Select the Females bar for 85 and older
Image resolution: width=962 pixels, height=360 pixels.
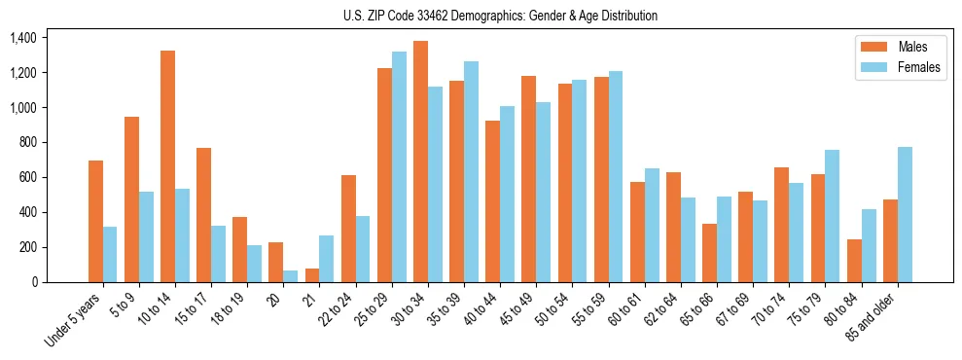(x=905, y=214)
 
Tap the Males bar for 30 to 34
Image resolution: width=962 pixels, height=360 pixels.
(x=420, y=162)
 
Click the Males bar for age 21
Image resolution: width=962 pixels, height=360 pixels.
(x=312, y=275)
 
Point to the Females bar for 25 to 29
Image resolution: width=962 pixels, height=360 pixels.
(x=399, y=166)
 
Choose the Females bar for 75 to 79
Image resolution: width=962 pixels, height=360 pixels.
(x=833, y=216)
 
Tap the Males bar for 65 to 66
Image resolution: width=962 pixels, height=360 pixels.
(x=709, y=253)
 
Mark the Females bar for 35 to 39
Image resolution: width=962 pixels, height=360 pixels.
(x=472, y=171)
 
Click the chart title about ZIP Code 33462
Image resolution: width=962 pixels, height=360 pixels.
(x=500, y=16)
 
